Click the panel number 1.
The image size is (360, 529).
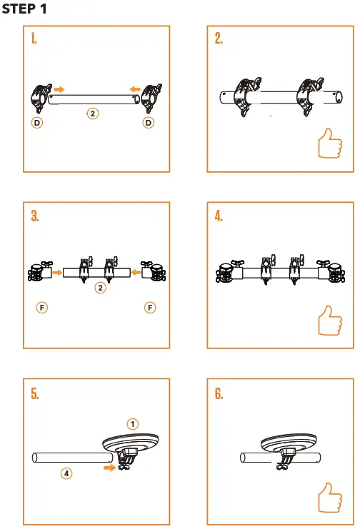pyautogui.click(x=34, y=39)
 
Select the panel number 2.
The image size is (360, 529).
pyautogui.click(x=219, y=39)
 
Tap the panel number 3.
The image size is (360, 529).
pyautogui.click(x=34, y=216)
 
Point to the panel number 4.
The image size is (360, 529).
pyautogui.click(x=219, y=216)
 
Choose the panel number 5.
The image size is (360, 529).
pyautogui.click(x=34, y=394)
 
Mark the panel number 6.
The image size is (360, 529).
pyautogui.click(x=219, y=394)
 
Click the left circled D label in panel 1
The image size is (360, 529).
pyautogui.click(x=36, y=123)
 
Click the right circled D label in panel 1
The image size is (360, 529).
pyautogui.click(x=149, y=123)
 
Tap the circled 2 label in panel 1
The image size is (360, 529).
pyautogui.click(x=92, y=113)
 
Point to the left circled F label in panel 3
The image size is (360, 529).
pyautogui.click(x=42, y=308)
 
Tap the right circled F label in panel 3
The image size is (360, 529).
pyautogui.click(x=150, y=308)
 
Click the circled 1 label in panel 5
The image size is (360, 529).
pyautogui.click(x=133, y=423)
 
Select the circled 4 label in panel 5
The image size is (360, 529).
pyautogui.click(x=66, y=473)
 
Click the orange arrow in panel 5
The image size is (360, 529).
pyautogui.click(x=109, y=468)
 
